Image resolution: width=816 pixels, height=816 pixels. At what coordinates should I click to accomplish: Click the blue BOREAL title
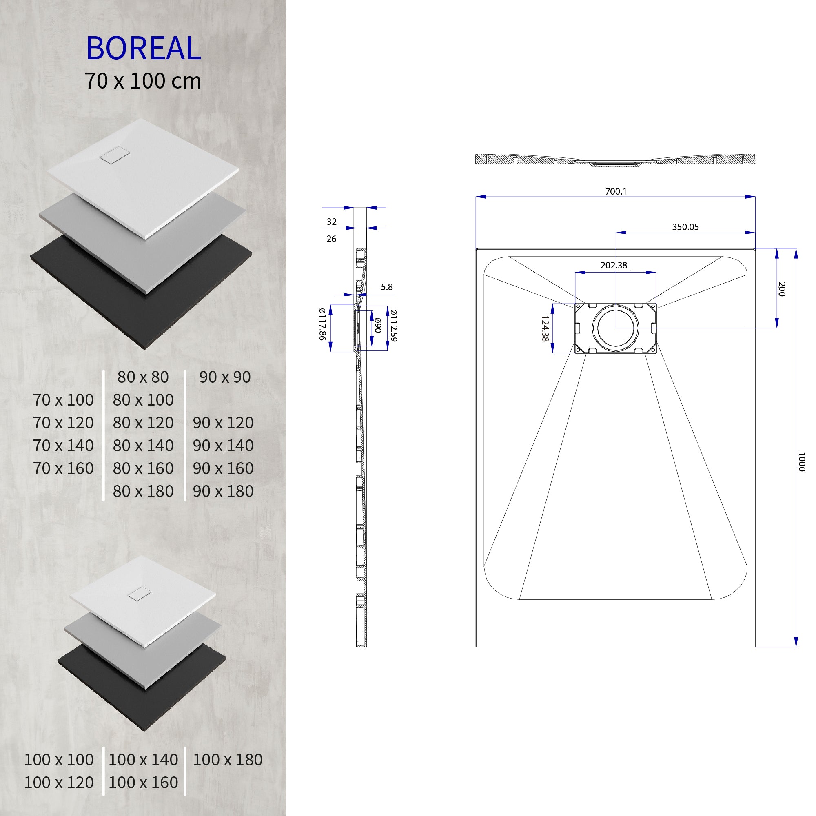tap(144, 48)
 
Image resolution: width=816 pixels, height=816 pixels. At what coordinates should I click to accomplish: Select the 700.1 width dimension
tap(615, 191)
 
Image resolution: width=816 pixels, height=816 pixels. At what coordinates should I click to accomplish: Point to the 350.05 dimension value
tap(685, 227)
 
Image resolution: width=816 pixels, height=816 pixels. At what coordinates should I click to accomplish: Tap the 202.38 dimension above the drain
tap(613, 265)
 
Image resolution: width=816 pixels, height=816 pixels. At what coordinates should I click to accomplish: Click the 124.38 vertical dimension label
tap(544, 328)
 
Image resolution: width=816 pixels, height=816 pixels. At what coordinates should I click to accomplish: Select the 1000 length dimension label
tap(801, 461)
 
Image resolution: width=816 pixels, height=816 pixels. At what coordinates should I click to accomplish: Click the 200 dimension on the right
tap(781, 289)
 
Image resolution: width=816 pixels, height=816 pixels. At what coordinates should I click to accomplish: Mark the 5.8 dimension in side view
tap(386, 287)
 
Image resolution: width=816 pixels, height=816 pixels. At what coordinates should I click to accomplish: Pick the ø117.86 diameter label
tap(322, 324)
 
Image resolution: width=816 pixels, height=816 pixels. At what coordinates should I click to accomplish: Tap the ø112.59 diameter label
tap(394, 325)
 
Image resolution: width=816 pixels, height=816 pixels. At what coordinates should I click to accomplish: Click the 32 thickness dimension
tap(331, 221)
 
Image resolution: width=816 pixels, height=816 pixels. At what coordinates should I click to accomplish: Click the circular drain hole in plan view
tap(615, 328)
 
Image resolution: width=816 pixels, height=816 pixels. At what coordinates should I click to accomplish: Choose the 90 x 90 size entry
tap(225, 377)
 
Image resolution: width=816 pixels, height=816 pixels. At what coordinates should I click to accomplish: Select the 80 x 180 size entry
tap(143, 491)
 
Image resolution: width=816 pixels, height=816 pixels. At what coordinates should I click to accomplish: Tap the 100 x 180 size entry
tap(227, 759)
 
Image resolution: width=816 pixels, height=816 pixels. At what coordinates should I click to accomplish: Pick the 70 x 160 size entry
tap(63, 468)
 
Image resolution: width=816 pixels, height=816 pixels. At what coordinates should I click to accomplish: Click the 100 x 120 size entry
tap(59, 782)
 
